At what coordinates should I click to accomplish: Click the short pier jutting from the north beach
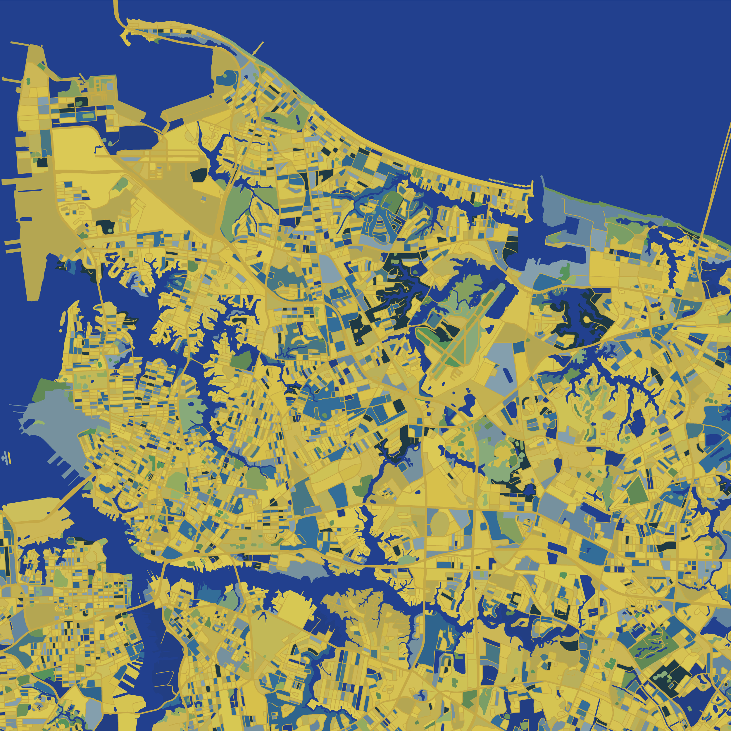pyautogui.click(x=258, y=48)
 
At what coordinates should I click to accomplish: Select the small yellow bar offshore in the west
pyautogui.click(x=26, y=219)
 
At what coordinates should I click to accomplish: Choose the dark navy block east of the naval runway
pyautogui.click(x=199, y=175)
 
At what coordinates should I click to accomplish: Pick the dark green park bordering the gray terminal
pyautogui.click(x=45, y=390)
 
